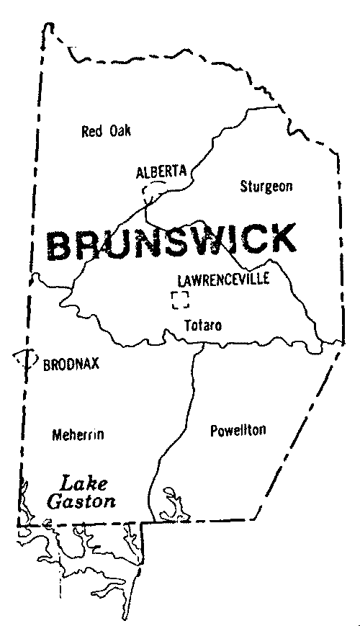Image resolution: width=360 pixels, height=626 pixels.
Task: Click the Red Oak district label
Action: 107,130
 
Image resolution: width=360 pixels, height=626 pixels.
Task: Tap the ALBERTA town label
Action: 161,171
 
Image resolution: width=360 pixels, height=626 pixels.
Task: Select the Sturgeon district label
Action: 266,186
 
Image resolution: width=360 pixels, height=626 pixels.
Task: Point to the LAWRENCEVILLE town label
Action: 223,279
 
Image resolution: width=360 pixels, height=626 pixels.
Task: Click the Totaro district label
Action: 203,326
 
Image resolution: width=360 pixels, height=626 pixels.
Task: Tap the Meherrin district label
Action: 78,434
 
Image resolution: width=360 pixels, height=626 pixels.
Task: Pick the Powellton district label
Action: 238,430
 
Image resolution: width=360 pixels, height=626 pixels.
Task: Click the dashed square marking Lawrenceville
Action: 179,300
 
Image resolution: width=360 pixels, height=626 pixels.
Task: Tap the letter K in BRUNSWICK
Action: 279,240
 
